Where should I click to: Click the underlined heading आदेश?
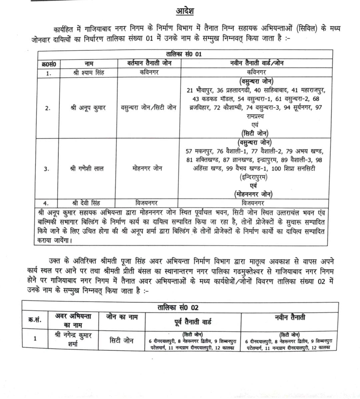click(185, 11)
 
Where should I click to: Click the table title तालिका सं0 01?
click(184, 54)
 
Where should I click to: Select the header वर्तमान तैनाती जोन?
click(149, 63)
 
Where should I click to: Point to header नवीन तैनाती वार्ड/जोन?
click(256, 63)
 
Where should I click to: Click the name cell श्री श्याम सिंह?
click(89, 72)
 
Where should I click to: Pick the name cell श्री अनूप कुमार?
click(88, 108)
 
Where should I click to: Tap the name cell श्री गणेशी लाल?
click(87, 168)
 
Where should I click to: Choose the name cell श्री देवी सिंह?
click(86, 203)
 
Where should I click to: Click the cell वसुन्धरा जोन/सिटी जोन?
click(149, 108)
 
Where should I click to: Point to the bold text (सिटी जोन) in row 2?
click(255, 133)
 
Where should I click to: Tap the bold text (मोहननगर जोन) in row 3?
click(253, 194)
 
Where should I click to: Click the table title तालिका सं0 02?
click(178, 307)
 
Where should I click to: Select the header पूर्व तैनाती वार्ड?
click(193, 322)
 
